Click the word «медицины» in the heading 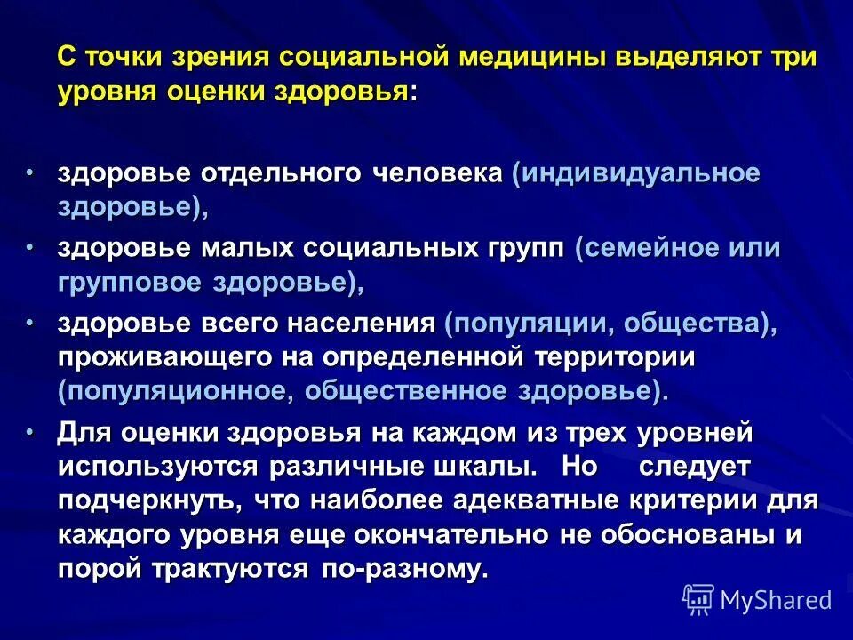518,58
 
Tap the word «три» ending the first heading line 793,58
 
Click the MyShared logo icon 698,600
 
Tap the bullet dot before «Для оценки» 29,433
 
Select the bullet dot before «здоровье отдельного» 29,172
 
